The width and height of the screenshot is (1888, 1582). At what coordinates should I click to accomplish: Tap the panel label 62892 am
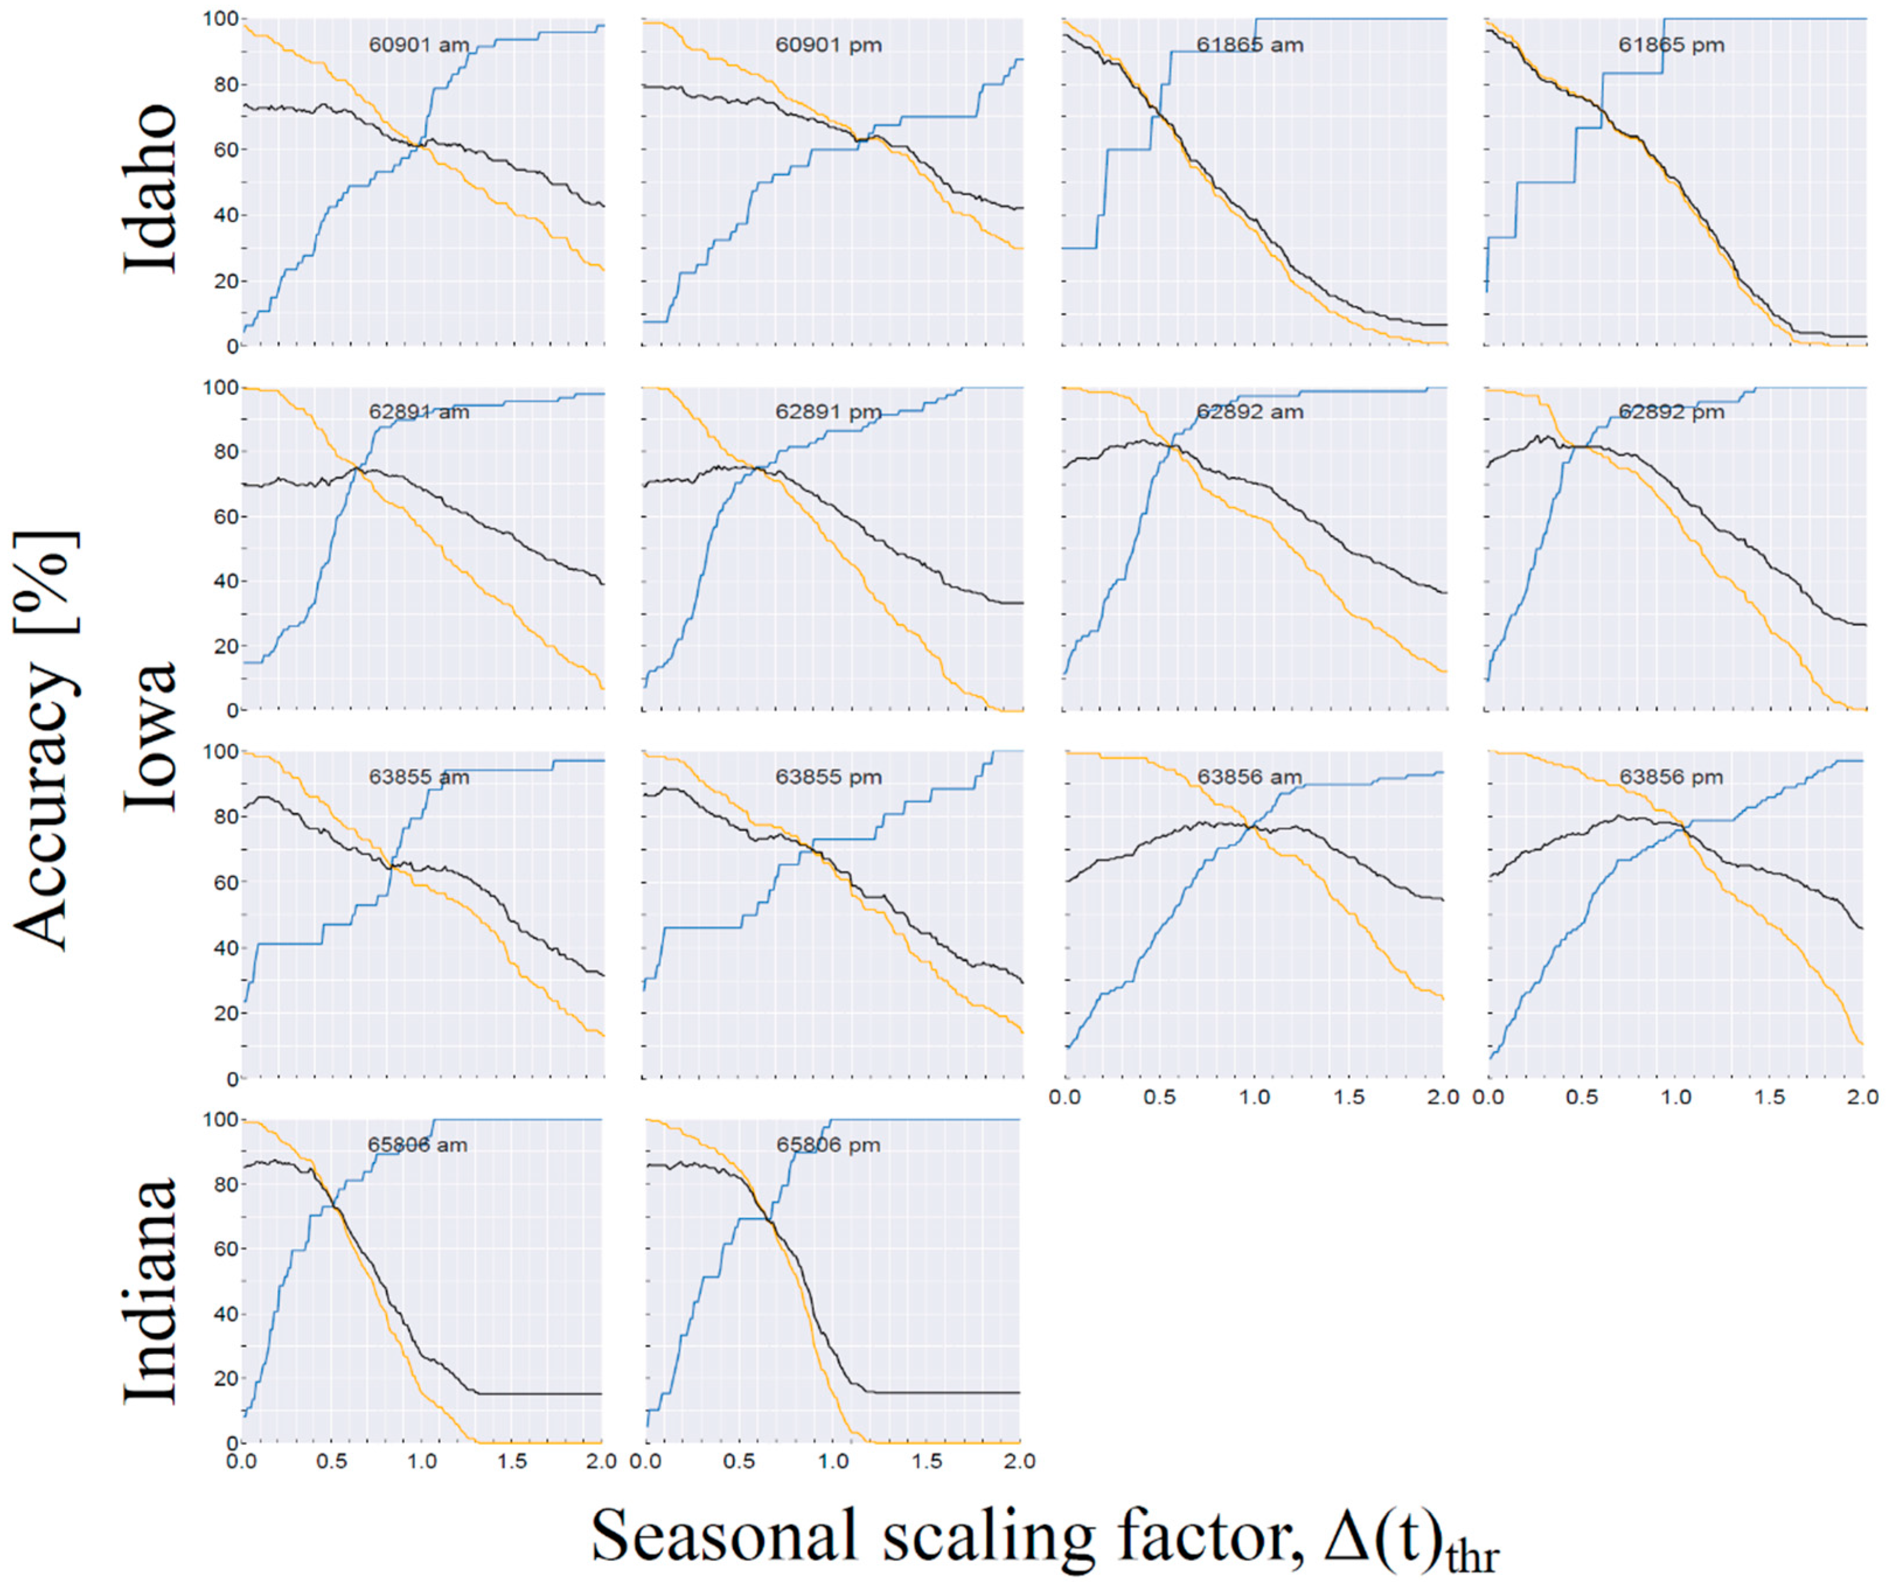[x=1250, y=412]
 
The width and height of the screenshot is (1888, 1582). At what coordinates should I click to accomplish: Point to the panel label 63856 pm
[x=1671, y=776]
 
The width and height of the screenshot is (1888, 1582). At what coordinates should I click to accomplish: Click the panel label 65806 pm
[x=828, y=1145]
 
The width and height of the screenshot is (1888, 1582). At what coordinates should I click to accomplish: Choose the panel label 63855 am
[x=419, y=776]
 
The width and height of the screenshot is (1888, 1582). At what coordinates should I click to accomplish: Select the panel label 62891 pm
[x=828, y=412]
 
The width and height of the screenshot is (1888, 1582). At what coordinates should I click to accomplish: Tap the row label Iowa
[x=151, y=737]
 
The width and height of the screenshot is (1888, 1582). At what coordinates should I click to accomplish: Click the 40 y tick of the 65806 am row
[x=225, y=1314]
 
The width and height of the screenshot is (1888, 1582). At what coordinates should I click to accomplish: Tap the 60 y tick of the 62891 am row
[x=225, y=517]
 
